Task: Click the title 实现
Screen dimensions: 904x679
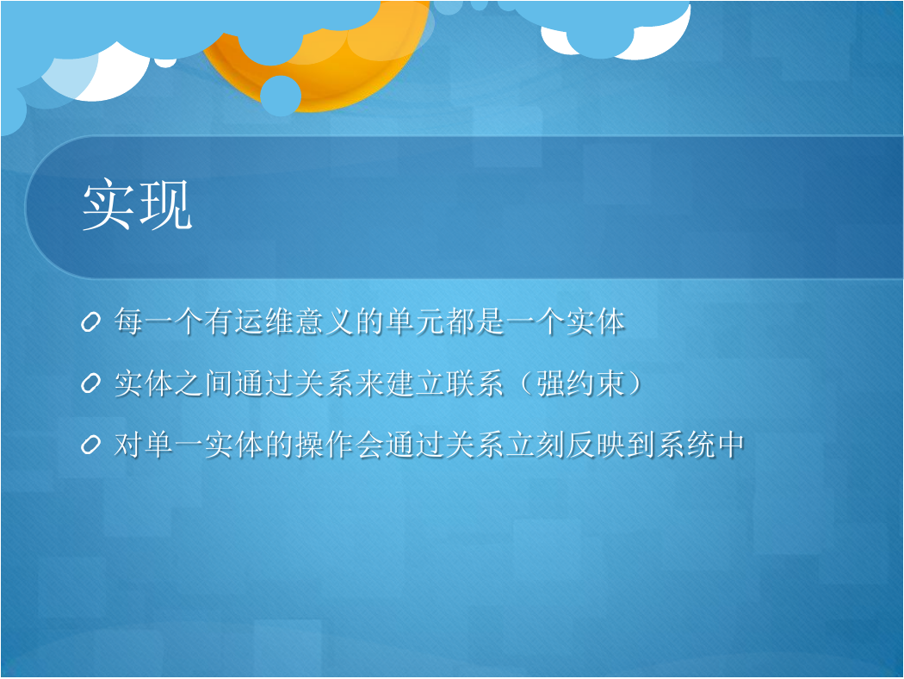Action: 137,205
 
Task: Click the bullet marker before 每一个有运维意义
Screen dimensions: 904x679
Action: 91,322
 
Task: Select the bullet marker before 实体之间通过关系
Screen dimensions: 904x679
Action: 91,383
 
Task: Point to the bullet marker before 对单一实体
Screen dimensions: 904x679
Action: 91,445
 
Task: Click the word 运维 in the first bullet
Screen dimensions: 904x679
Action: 264,321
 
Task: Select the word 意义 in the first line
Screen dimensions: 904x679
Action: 324,321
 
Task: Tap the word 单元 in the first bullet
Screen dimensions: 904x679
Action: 414,321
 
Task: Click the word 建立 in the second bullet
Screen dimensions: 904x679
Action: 414,383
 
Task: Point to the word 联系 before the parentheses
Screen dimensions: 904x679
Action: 474,383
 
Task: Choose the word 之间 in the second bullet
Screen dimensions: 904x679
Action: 204,383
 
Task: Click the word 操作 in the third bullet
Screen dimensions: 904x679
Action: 324,445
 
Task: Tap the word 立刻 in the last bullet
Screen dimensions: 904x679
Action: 535,445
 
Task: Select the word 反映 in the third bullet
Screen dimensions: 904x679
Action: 594,445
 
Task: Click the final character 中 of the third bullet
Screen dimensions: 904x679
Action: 729,445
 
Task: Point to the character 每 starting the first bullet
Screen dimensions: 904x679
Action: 128,321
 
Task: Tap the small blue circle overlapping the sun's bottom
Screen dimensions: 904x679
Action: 281,96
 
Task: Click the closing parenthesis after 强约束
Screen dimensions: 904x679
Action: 635,383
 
